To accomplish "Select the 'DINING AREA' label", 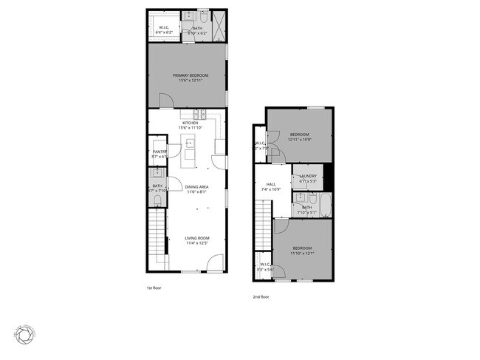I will coord(196,187).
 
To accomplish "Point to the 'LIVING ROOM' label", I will coord(196,237).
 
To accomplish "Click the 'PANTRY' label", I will coord(160,152).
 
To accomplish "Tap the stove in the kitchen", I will coord(199,115).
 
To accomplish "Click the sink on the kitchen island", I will coord(189,143).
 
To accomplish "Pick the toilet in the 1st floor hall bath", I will coord(157,199).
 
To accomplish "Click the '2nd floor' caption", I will coord(261,296).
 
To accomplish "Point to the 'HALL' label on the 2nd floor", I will coord(271,184).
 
